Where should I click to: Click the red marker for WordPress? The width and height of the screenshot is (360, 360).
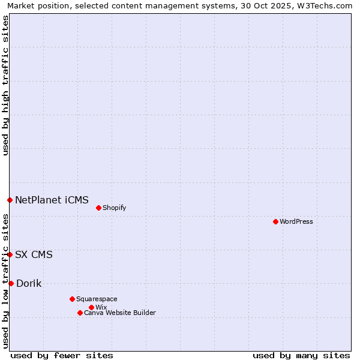275,221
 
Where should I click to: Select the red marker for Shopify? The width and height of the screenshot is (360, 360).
98,208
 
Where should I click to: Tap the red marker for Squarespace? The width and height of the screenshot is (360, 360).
72,299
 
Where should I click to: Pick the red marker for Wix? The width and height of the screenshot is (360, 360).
91,307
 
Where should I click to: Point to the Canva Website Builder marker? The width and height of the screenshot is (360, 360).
80,313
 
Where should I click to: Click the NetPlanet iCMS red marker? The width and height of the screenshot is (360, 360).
10,200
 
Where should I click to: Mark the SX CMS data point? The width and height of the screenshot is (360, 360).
10,254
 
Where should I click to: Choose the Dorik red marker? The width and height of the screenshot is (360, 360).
11,283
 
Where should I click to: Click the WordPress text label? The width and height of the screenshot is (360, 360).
296,221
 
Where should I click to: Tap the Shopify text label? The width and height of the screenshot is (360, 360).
114,208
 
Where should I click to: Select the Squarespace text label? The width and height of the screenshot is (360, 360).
97,299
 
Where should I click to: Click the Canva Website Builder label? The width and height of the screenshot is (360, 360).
120,313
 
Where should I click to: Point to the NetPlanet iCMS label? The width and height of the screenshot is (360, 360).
52,200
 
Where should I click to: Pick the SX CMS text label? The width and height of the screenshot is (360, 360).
34,254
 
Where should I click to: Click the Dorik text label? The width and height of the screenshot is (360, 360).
29,283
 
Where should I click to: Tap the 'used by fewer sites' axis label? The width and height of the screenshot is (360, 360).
62,355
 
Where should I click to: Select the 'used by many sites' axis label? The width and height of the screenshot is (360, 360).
301,355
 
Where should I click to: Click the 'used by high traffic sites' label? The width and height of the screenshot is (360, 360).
5,85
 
